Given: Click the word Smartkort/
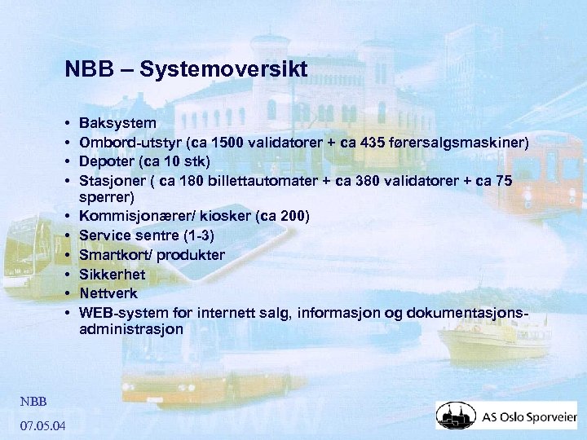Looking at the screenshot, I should pos(114,256).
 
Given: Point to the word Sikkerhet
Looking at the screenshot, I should pos(113,275).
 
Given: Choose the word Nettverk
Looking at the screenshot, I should pos(108,293).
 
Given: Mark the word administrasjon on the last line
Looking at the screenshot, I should pos(131,330).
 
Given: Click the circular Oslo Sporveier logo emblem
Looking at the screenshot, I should pos(455,416).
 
